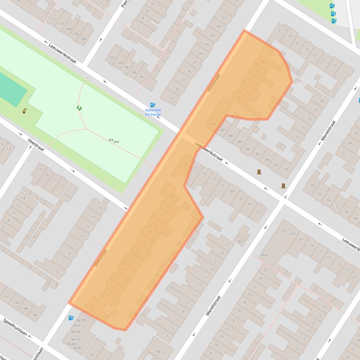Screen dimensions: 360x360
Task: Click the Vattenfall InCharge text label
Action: click(153, 112)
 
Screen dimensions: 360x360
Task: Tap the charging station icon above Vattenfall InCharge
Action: click(153, 105)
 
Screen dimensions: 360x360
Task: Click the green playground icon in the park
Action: click(79, 108)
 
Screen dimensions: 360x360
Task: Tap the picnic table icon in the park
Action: click(113, 141)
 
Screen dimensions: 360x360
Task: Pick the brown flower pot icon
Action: click(24, 111)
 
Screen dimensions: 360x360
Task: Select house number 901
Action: click(241, 242)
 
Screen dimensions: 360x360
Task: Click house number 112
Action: click(54, 19)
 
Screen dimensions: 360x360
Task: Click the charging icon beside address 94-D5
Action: click(71, 318)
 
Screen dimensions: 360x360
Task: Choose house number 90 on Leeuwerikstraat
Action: click(222, 130)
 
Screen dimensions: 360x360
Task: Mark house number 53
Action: click(225, 18)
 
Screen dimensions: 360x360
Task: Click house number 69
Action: click(233, 191)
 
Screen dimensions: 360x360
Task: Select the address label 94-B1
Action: click(78, 348)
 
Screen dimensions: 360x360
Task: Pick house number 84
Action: click(248, 149)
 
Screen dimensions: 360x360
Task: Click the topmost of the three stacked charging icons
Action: click(332, 6)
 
